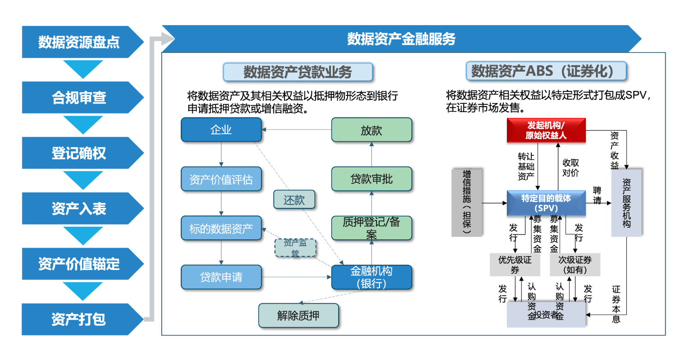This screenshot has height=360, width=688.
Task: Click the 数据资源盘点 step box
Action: (x=79, y=42)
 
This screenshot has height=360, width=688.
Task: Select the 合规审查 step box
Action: (x=79, y=97)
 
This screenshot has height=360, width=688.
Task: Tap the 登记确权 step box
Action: (x=79, y=153)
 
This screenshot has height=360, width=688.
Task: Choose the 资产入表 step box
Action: (x=79, y=208)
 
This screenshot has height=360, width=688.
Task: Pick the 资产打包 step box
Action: (x=79, y=319)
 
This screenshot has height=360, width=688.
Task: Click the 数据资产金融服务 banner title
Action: (x=401, y=39)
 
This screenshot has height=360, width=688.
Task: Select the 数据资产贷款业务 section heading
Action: (x=298, y=72)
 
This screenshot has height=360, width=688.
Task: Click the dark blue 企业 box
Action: (x=221, y=130)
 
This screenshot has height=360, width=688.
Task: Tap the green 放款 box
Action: (x=371, y=130)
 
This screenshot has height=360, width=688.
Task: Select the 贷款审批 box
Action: (x=371, y=179)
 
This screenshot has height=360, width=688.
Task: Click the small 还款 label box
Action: (x=294, y=200)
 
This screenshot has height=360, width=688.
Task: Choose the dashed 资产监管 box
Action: (x=295, y=247)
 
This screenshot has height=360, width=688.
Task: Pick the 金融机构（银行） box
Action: (x=371, y=277)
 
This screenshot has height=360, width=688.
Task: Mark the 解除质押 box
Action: (x=298, y=315)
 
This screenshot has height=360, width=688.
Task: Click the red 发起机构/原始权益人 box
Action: (x=546, y=130)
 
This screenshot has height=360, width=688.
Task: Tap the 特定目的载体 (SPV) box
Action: (x=546, y=203)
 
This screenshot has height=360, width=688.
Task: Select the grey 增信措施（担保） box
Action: (x=467, y=202)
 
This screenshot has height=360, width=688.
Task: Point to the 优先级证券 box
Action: (x=515, y=265)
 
